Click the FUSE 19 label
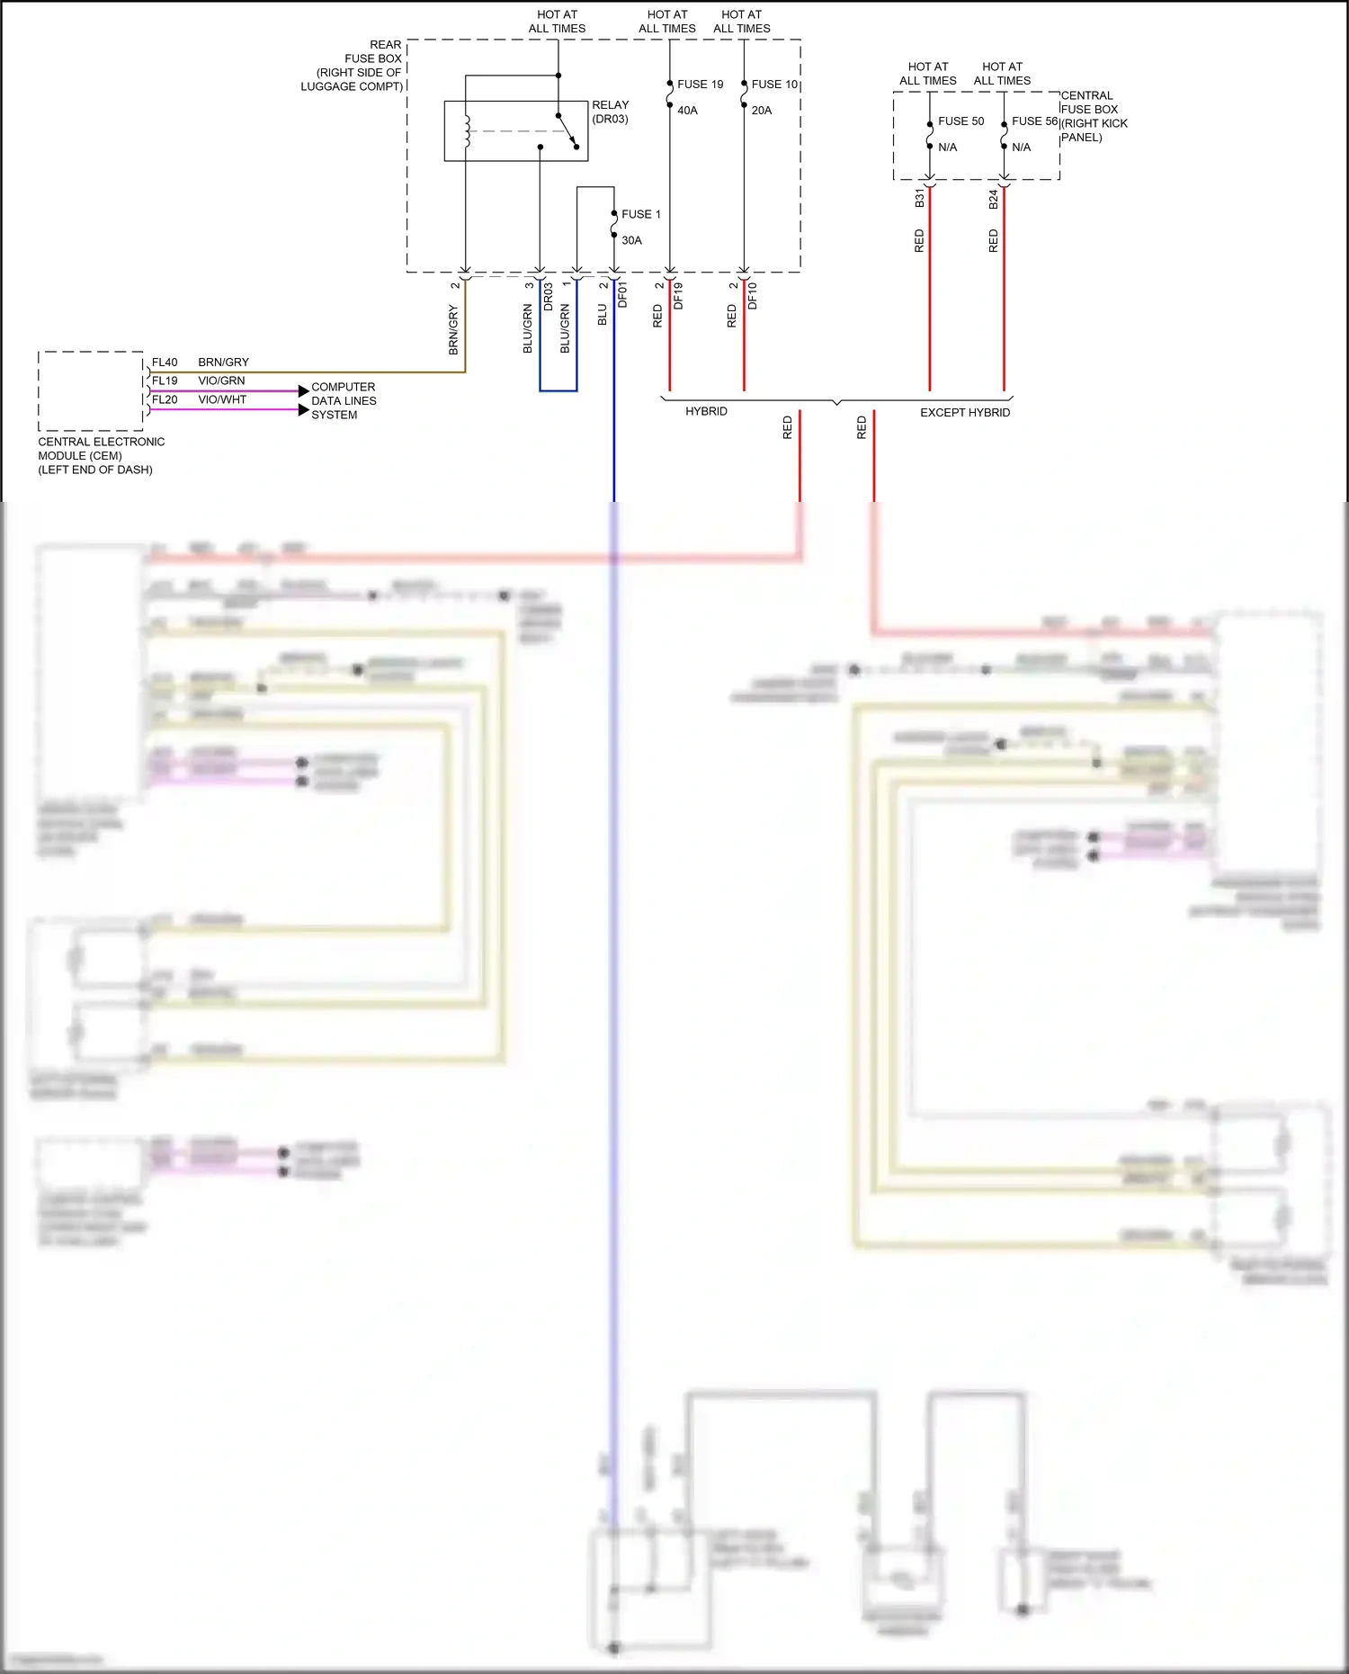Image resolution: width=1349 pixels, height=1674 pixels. coord(700,85)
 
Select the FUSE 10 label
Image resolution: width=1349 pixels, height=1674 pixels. coord(774,85)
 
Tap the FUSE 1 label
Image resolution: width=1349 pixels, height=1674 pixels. coord(641,214)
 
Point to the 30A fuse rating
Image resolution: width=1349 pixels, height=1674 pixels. coord(631,240)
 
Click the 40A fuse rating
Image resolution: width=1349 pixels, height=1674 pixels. coord(687,111)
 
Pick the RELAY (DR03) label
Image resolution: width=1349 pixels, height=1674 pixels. coord(610,112)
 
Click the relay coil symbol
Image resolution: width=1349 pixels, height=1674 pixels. coord(467,131)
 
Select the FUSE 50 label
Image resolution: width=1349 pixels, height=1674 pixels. coord(960,121)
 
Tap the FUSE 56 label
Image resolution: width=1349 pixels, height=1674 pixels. coord(1034,121)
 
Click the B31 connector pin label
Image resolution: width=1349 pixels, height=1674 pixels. coord(919,198)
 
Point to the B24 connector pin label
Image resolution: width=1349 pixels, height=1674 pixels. coord(993,199)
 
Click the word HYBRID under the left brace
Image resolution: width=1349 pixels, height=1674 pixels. coord(706,411)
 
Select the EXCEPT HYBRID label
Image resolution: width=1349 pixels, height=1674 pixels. coord(964,413)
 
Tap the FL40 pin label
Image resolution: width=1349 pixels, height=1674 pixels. coord(165,363)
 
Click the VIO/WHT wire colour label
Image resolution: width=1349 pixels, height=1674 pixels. coord(222,399)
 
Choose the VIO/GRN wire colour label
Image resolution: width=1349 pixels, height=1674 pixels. coord(221,380)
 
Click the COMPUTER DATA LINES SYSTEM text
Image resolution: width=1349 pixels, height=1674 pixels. coord(344,401)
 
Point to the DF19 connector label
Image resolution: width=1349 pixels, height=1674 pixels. coord(678,296)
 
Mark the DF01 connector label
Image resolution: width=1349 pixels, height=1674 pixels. coord(622,294)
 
